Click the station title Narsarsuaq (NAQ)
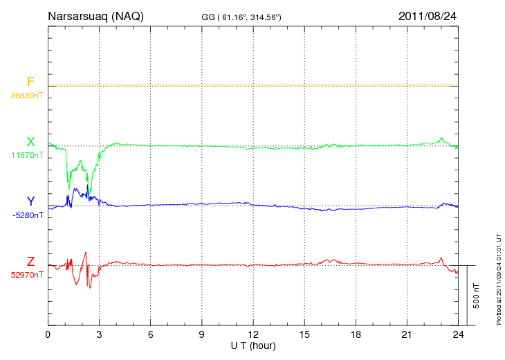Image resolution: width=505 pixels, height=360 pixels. pyautogui.click(x=95, y=16)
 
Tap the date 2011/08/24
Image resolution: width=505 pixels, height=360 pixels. pyautogui.click(x=428, y=16)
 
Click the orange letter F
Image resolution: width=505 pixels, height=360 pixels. pyautogui.click(x=30, y=82)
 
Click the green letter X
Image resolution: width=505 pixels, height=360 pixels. pyautogui.click(x=30, y=143)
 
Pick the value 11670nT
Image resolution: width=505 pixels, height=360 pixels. pyautogui.click(x=26, y=155)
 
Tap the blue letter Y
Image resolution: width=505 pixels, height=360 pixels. pyautogui.click(x=30, y=201)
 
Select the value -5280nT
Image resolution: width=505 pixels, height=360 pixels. pyautogui.click(x=26, y=215)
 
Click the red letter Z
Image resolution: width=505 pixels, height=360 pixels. pyautogui.click(x=30, y=262)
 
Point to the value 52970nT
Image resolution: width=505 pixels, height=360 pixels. pyautogui.click(x=26, y=275)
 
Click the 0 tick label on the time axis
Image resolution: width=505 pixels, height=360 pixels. pyautogui.click(x=48, y=334)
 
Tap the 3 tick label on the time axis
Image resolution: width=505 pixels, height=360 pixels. pyautogui.click(x=99, y=334)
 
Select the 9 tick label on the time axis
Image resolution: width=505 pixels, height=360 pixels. pyautogui.click(x=202, y=334)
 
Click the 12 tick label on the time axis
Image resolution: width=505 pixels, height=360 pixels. pyautogui.click(x=253, y=334)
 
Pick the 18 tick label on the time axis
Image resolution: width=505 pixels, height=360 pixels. pyautogui.click(x=356, y=334)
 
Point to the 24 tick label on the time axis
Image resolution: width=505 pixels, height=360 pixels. pyautogui.click(x=458, y=334)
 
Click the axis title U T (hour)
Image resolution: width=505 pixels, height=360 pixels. pyautogui.click(x=252, y=345)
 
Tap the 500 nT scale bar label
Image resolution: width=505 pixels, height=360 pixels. pyautogui.click(x=476, y=296)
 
